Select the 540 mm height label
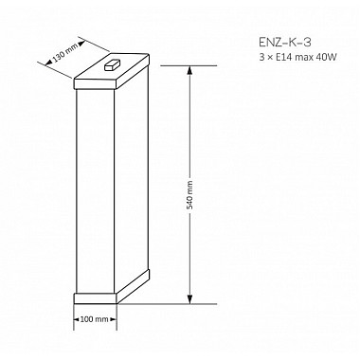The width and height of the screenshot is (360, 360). (x=189, y=195)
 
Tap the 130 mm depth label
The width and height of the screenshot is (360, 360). (x=65, y=53)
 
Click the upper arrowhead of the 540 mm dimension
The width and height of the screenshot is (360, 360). (x=189, y=70)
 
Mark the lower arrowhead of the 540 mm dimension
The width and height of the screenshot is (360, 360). (x=189, y=299)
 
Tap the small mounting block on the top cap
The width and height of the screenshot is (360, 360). (x=112, y=64)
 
